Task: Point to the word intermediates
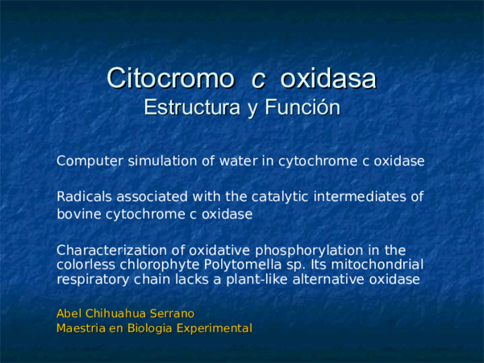coord(357,196)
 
